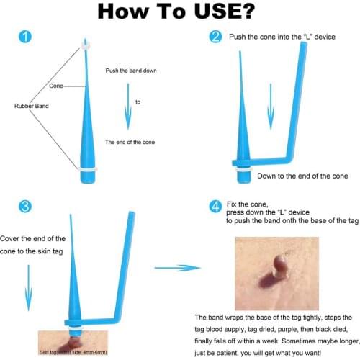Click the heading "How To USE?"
179,12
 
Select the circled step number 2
215,37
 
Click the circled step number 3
25,208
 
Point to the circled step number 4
215,207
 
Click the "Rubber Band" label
30,105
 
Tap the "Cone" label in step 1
55,86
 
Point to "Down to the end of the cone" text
302,176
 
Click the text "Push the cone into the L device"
282,36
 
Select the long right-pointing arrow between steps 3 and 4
177,268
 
